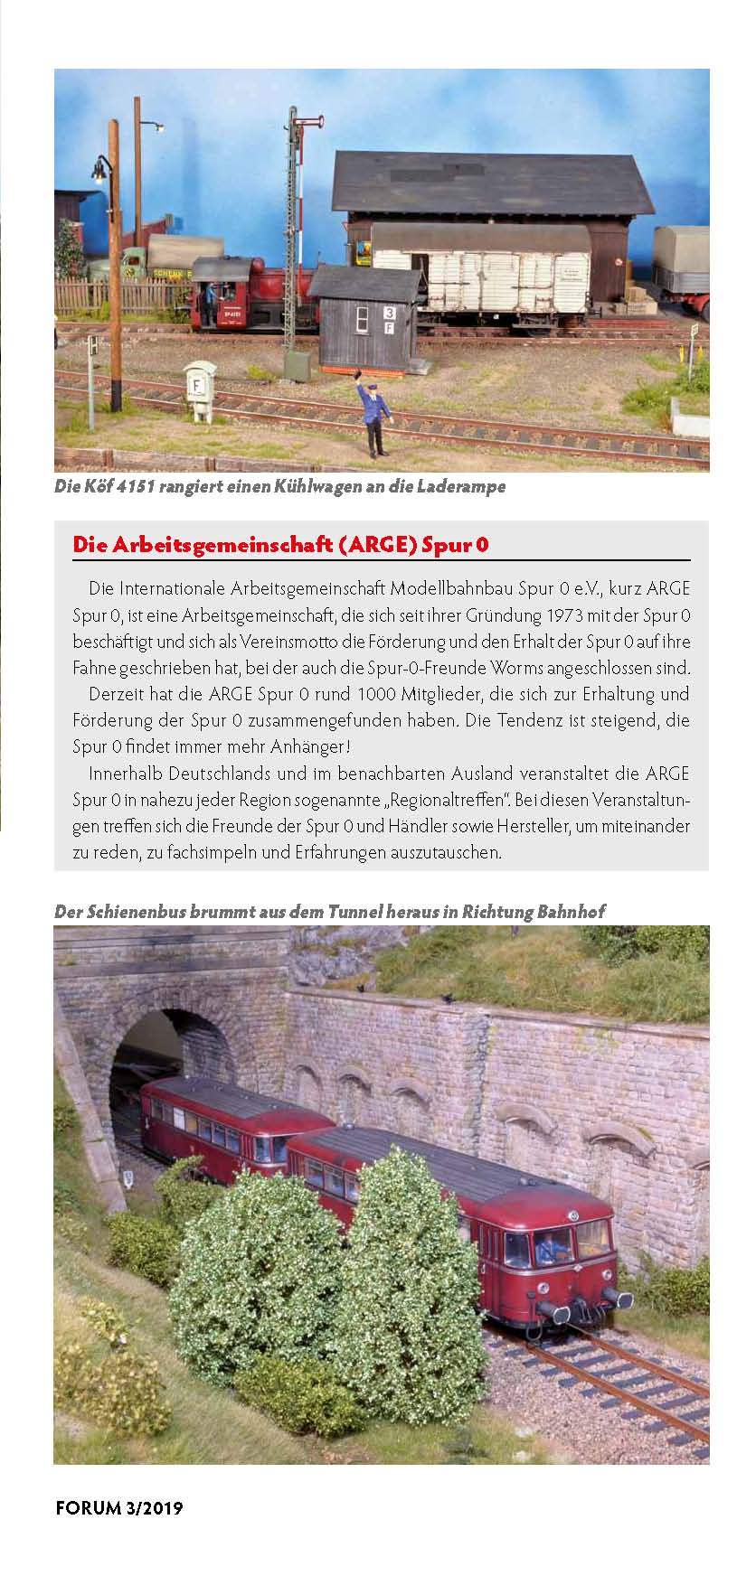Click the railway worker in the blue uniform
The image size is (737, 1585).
[x=372, y=412]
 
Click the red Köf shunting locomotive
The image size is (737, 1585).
[x=238, y=295]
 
